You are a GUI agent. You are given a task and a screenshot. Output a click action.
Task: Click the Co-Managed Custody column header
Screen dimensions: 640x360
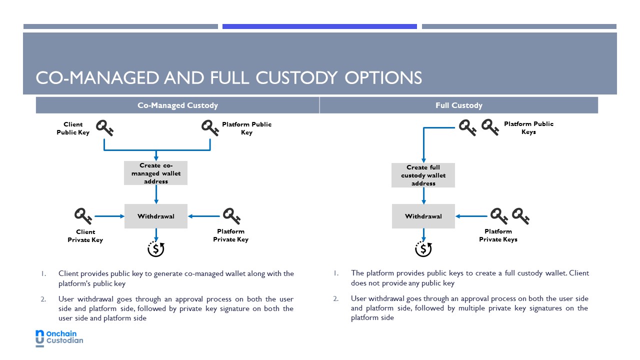pyautogui.click(x=177, y=105)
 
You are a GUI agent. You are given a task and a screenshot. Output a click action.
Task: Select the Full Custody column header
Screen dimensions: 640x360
pyautogui.click(x=459, y=105)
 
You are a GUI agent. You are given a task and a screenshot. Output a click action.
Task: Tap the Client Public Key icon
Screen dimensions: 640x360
pyautogui.click(x=104, y=127)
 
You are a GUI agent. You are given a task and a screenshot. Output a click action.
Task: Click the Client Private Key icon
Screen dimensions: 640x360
pyautogui.click(x=83, y=216)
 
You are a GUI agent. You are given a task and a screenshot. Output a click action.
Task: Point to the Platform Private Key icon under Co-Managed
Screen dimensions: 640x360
pyautogui.click(x=231, y=216)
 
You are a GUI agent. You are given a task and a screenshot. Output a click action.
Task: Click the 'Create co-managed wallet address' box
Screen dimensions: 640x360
pyautogui.click(x=155, y=173)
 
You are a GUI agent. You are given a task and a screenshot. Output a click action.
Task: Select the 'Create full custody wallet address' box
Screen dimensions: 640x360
pyautogui.click(x=423, y=175)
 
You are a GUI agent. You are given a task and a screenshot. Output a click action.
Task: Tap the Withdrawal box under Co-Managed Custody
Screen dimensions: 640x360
pyautogui.click(x=155, y=216)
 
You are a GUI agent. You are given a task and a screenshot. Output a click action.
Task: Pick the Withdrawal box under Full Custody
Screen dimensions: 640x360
pyautogui.click(x=423, y=216)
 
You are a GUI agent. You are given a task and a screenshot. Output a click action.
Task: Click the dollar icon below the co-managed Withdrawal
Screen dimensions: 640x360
pyautogui.click(x=156, y=249)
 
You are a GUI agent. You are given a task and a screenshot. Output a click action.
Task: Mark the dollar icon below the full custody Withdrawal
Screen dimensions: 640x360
pyautogui.click(x=423, y=249)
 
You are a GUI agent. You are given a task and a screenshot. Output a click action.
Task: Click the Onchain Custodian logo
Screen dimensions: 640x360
pyautogui.click(x=59, y=338)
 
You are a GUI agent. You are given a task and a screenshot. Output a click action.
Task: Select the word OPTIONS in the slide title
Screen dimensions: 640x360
pyautogui.click(x=383, y=77)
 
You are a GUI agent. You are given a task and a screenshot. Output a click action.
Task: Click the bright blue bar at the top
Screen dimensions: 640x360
pyautogui.click(x=319, y=26)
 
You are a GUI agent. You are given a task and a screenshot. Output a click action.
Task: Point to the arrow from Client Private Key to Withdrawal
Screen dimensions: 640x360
pyautogui.click(x=109, y=216)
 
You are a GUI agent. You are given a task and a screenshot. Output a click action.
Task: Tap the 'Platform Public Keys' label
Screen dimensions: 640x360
pyautogui.click(x=528, y=127)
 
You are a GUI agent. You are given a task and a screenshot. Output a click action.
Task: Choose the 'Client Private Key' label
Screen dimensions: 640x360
pyautogui.click(x=85, y=235)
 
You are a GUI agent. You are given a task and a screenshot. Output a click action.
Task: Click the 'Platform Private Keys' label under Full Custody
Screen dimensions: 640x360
pyautogui.click(x=498, y=235)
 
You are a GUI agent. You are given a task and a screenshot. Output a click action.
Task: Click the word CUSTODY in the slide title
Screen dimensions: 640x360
pyautogui.click(x=296, y=77)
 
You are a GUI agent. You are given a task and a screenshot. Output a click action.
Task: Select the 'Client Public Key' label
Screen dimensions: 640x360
pyautogui.click(x=73, y=128)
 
